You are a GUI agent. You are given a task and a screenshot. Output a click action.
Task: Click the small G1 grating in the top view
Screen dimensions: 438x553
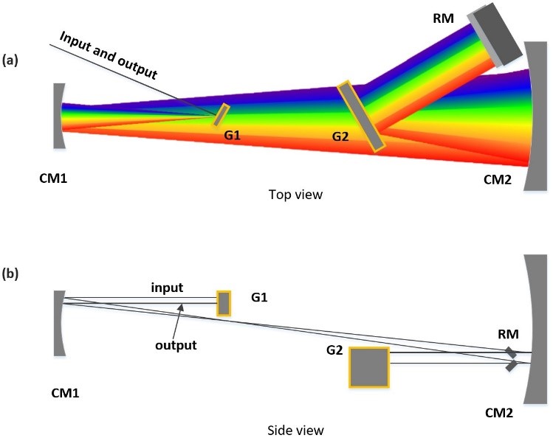(221, 115)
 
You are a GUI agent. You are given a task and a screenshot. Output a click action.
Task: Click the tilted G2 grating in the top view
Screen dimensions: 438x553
(360, 117)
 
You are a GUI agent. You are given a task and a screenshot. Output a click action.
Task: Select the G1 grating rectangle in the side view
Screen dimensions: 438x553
(224, 303)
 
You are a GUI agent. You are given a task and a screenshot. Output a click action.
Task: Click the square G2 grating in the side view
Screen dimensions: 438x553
(369, 366)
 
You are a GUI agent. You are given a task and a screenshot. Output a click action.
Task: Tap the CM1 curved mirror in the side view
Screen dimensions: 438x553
(60, 321)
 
